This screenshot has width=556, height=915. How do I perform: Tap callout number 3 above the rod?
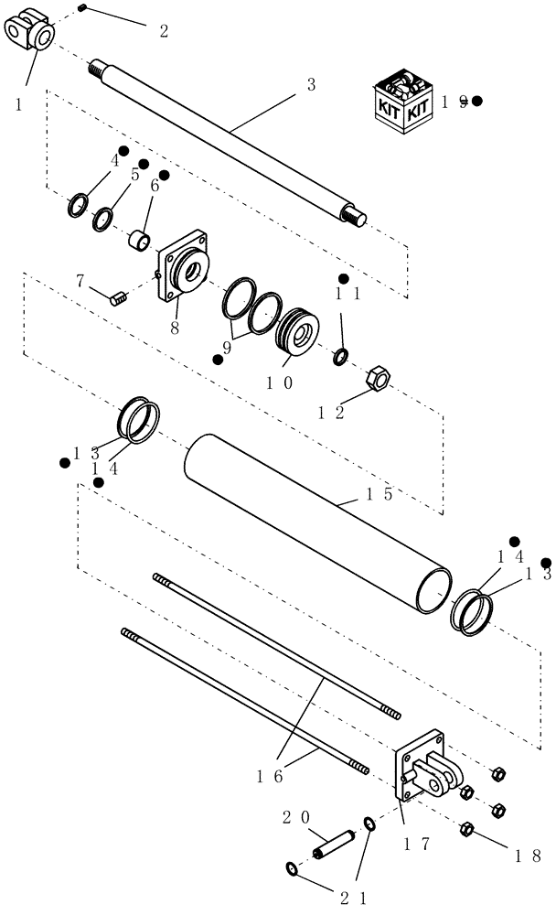[x=311, y=85]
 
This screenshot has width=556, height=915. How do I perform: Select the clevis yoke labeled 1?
[x=31, y=31]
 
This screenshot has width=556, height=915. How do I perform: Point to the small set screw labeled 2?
[x=81, y=8]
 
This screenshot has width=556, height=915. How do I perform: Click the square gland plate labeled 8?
[x=183, y=271]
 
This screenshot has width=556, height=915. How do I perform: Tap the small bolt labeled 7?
[x=117, y=296]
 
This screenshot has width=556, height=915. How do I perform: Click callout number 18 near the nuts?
[x=529, y=857]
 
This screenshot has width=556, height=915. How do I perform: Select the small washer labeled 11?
[x=340, y=355]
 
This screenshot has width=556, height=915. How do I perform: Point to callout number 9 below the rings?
[x=229, y=349]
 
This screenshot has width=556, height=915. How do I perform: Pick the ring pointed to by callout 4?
[x=80, y=205]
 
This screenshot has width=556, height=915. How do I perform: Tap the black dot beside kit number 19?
[x=477, y=102]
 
